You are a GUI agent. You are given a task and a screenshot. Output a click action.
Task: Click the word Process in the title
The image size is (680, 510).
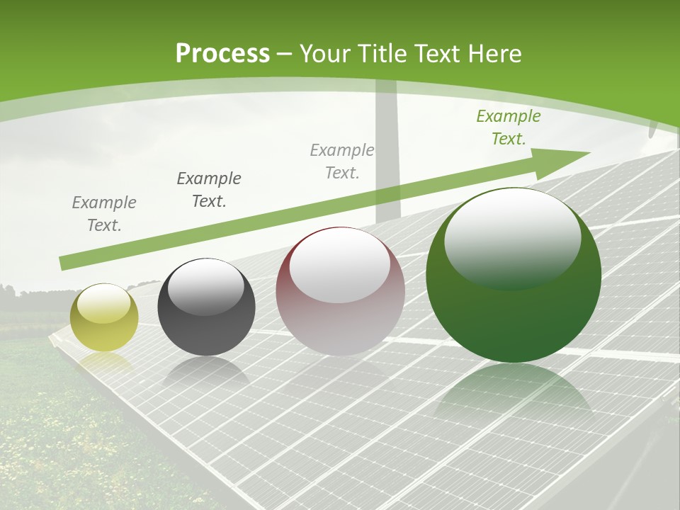222,53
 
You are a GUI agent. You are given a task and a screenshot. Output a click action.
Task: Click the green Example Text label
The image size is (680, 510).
508,127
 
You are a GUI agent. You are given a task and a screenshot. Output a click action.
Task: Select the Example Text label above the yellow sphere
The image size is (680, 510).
104,214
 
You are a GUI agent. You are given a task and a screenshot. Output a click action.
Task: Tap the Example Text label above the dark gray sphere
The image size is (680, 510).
209,190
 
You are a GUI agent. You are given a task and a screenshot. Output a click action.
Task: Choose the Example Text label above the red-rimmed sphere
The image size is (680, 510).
342,161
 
